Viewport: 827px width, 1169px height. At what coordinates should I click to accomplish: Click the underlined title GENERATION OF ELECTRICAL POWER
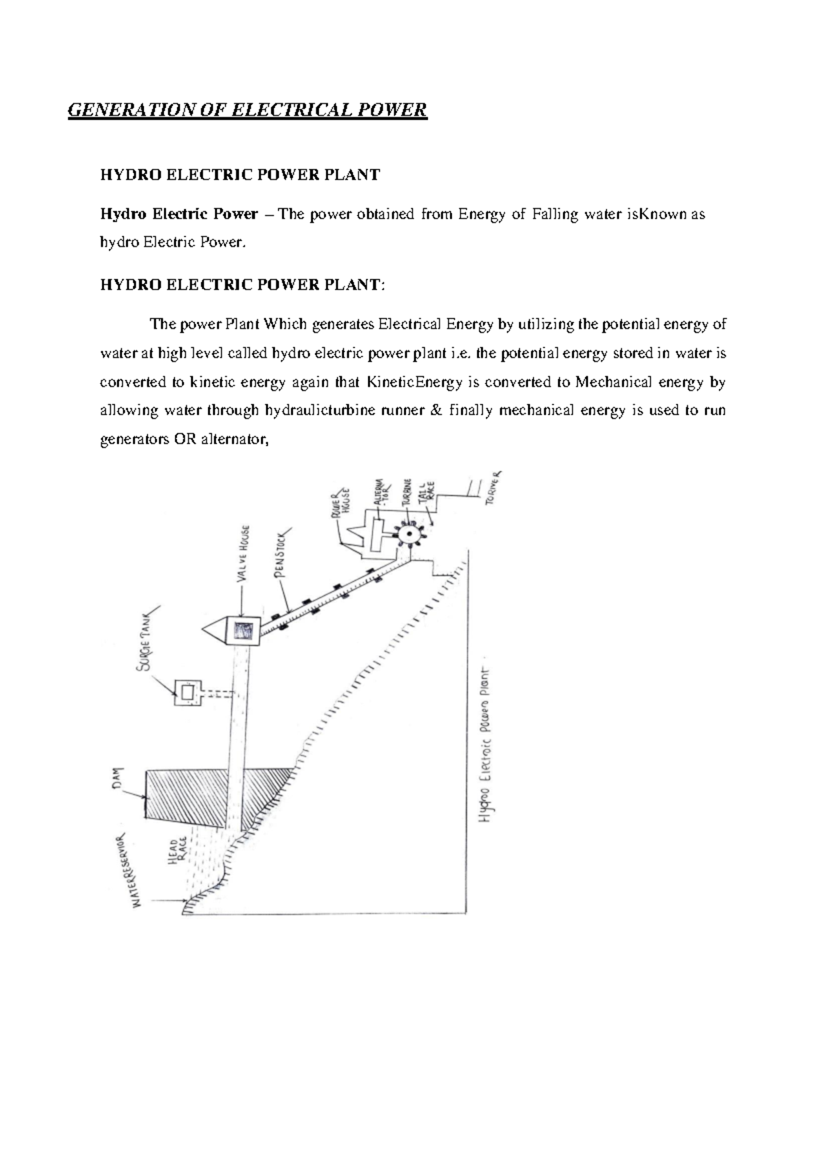[x=247, y=110]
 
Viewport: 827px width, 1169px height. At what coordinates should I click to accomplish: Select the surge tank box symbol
[x=187, y=693]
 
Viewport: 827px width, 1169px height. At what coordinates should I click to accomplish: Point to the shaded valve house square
[x=243, y=631]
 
